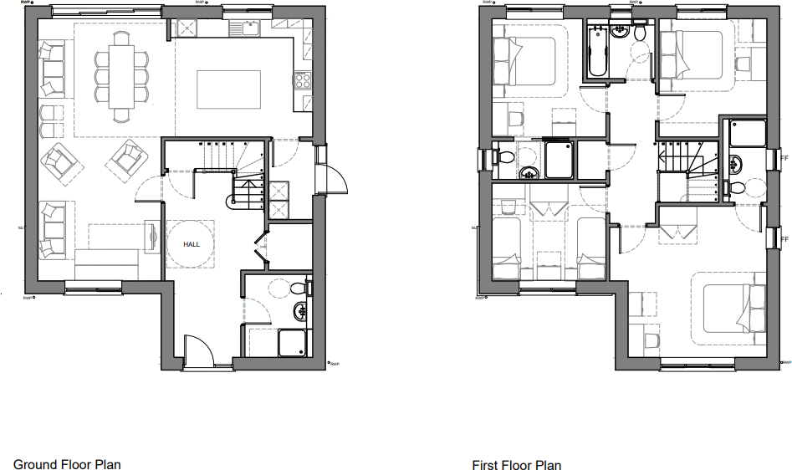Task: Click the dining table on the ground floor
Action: [x=122, y=74]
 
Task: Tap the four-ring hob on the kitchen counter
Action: [x=301, y=81]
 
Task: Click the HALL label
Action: [x=192, y=244]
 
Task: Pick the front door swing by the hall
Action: [x=197, y=350]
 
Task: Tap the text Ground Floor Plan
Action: [x=67, y=464]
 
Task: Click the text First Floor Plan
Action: [x=516, y=465]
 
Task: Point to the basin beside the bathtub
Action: [x=620, y=32]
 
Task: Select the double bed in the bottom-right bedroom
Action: [x=733, y=309]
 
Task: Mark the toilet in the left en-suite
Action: [x=504, y=156]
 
